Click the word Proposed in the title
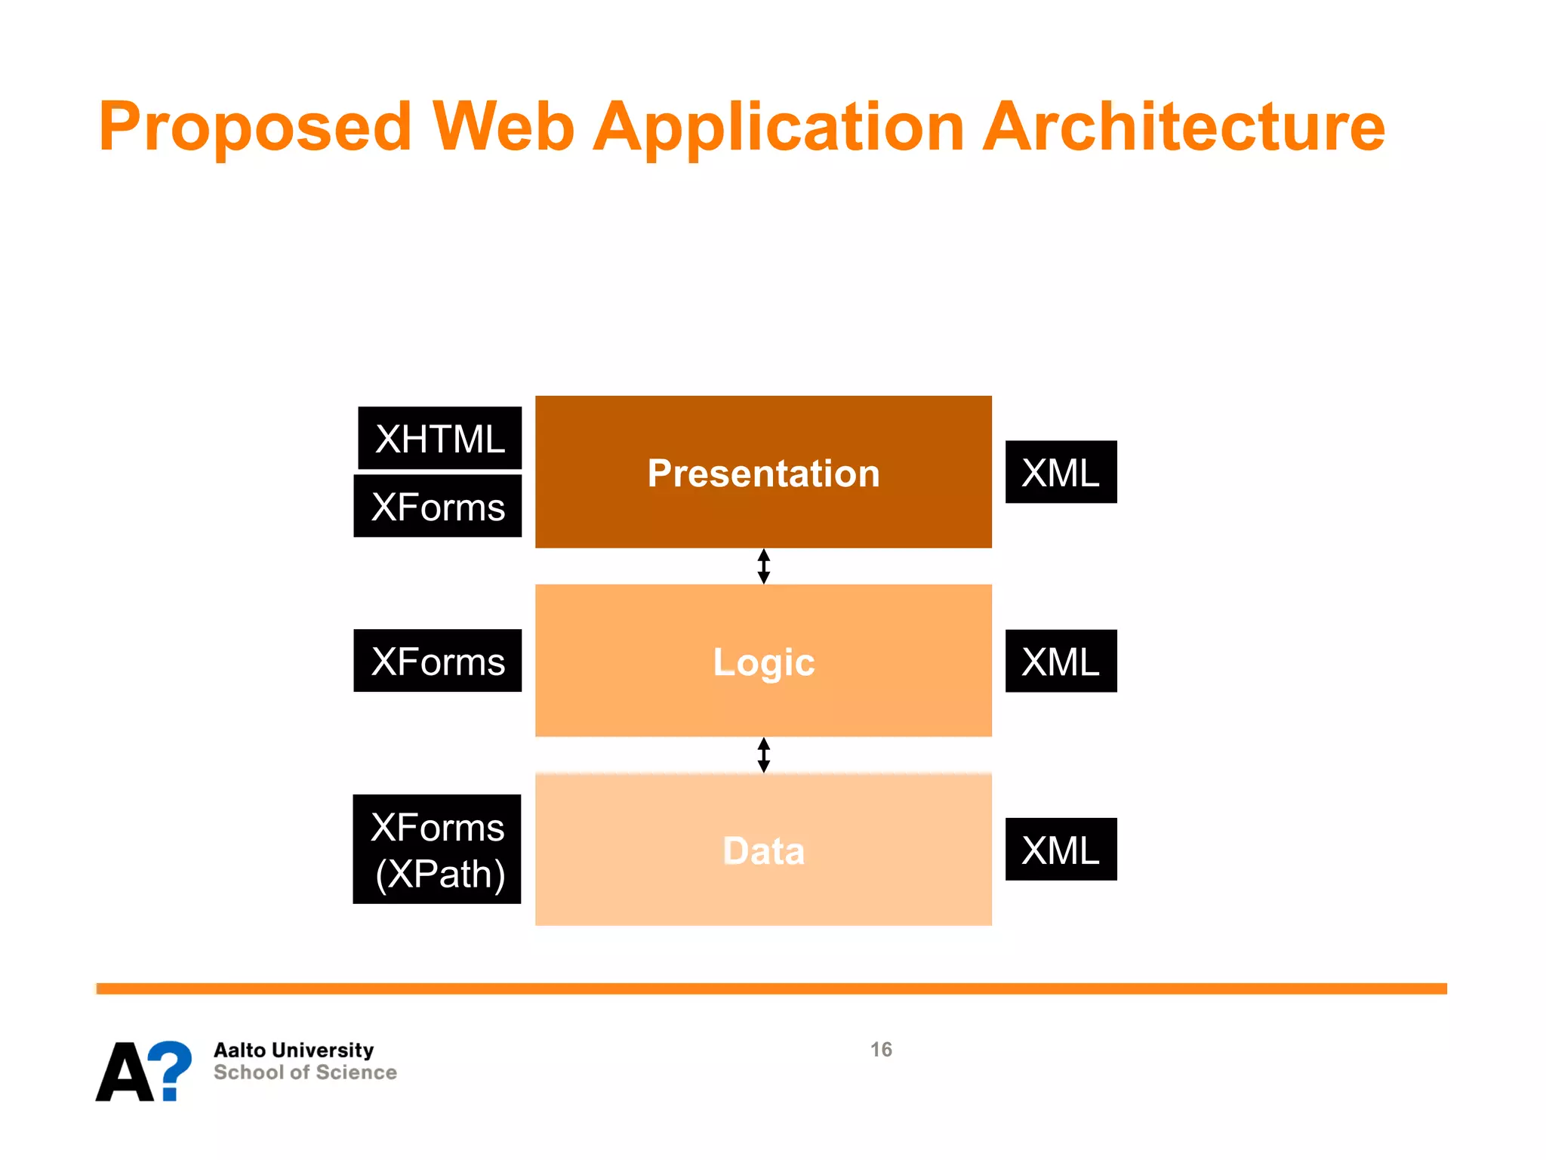(x=255, y=127)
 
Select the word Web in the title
(x=504, y=127)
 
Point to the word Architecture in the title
(x=1184, y=127)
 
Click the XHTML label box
(x=439, y=439)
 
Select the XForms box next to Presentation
(x=438, y=507)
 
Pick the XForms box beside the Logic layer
(x=438, y=661)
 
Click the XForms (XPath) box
(x=438, y=850)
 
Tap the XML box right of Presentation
(x=1061, y=473)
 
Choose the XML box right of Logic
(x=1061, y=662)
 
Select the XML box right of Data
(x=1061, y=850)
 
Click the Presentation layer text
(x=763, y=474)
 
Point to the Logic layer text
(x=763, y=662)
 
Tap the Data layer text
(x=763, y=851)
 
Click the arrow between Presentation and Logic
(x=763, y=566)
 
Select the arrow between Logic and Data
(x=763, y=755)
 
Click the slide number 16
(x=881, y=1050)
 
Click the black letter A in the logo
(x=123, y=1072)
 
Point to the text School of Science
(x=305, y=1072)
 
